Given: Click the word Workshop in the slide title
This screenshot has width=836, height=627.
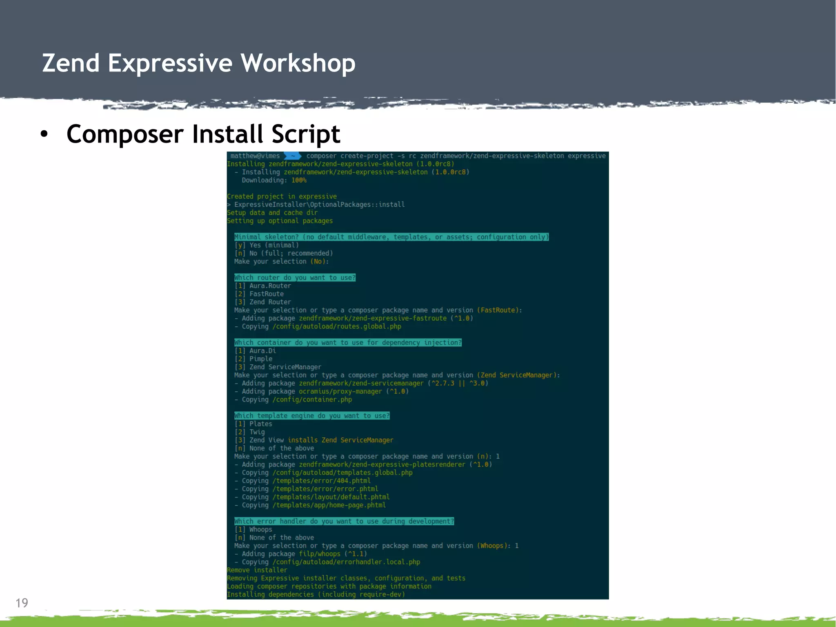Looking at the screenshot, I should [x=298, y=64].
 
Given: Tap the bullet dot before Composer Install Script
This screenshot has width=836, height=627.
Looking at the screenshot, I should [x=44, y=134].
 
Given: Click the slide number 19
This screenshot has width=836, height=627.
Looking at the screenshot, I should [x=22, y=603].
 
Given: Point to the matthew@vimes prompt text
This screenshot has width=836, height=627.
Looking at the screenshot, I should [x=255, y=156].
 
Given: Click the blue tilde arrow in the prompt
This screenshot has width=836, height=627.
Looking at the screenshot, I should [x=292, y=156].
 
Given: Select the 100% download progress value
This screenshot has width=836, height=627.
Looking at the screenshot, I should [x=299, y=180].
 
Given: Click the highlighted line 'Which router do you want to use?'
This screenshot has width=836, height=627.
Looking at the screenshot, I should [x=295, y=278].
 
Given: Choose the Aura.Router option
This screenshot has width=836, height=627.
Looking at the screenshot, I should [x=270, y=286].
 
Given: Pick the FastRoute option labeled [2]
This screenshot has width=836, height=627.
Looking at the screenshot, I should [x=266, y=294].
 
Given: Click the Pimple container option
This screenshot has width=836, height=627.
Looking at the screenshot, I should [x=260, y=359].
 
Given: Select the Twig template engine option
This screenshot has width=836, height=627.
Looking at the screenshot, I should [x=257, y=432].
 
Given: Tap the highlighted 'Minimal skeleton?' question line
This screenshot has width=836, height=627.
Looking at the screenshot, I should [x=391, y=237].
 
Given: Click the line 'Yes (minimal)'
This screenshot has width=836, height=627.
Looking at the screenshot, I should [x=274, y=245].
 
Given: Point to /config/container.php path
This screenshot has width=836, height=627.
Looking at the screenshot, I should [x=312, y=399].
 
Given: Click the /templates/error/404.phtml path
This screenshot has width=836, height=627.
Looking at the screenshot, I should [x=321, y=481].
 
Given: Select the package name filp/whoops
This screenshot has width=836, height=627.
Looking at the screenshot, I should [x=319, y=554].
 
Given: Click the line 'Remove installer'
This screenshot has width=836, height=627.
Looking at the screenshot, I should [x=257, y=570].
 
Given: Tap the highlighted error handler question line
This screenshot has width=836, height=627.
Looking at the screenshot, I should [x=344, y=521].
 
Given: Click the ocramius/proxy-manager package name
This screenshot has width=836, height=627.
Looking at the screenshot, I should [x=340, y=391].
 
